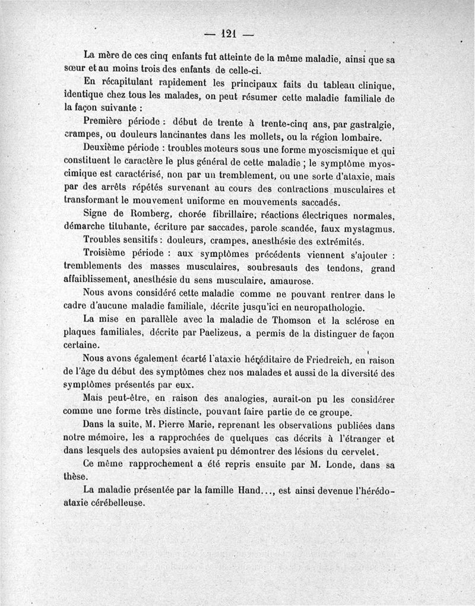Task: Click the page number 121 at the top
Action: (x=229, y=34)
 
